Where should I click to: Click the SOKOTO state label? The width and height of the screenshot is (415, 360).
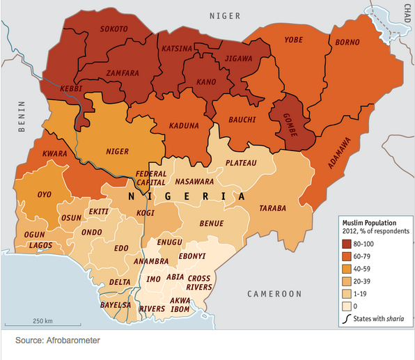114,29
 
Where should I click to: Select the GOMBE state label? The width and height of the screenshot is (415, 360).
291,125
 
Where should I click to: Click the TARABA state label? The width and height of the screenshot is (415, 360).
273,208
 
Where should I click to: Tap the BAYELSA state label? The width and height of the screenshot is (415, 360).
116,305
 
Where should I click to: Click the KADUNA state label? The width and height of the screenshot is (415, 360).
185,126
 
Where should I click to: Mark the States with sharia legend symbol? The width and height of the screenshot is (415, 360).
346,320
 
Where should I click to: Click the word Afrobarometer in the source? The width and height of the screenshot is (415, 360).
74,341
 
